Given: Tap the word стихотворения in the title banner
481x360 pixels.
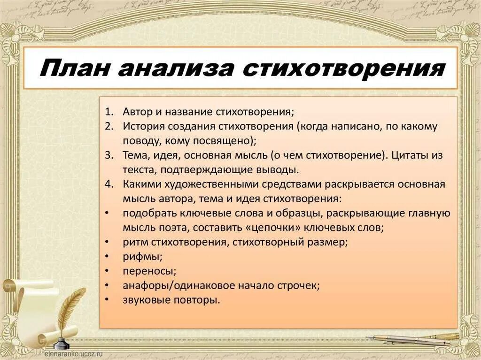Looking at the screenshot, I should [x=343, y=68].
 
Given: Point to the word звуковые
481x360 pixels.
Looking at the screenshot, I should [x=144, y=300].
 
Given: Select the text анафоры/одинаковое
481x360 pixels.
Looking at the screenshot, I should [x=183, y=285].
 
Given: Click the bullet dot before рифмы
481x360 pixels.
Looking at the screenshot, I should [x=108, y=257].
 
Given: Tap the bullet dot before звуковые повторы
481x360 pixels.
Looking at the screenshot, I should [x=108, y=300].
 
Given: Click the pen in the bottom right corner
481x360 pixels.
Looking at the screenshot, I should [x=413, y=339].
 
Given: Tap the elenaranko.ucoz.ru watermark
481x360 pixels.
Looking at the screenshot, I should [x=73, y=355].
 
